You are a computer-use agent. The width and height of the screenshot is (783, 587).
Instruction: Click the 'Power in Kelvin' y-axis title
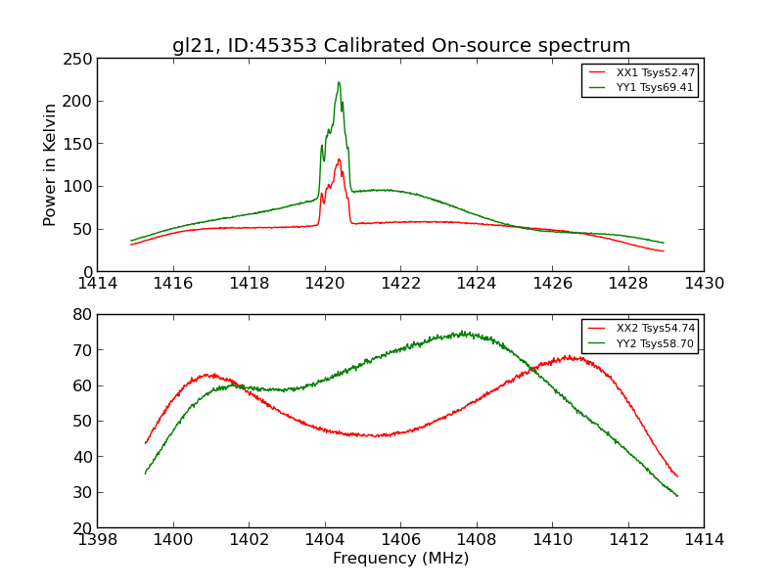pos(50,164)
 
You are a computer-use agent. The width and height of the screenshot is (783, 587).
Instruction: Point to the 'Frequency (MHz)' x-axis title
pos(400,559)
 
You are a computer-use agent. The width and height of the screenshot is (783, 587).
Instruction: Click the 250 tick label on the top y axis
pos(77,59)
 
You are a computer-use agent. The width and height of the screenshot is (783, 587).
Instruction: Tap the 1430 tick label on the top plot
pos(704,284)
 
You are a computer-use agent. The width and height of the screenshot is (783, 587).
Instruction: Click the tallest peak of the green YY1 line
pos(339,82)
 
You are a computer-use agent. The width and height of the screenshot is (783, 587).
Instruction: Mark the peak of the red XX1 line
pos(339,158)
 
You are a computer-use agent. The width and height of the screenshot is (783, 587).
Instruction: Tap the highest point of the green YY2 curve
pos(462,333)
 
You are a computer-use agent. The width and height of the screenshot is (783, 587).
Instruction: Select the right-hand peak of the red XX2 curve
pos(568,357)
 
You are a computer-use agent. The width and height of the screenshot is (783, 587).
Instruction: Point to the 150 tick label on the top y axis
pos(77,144)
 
